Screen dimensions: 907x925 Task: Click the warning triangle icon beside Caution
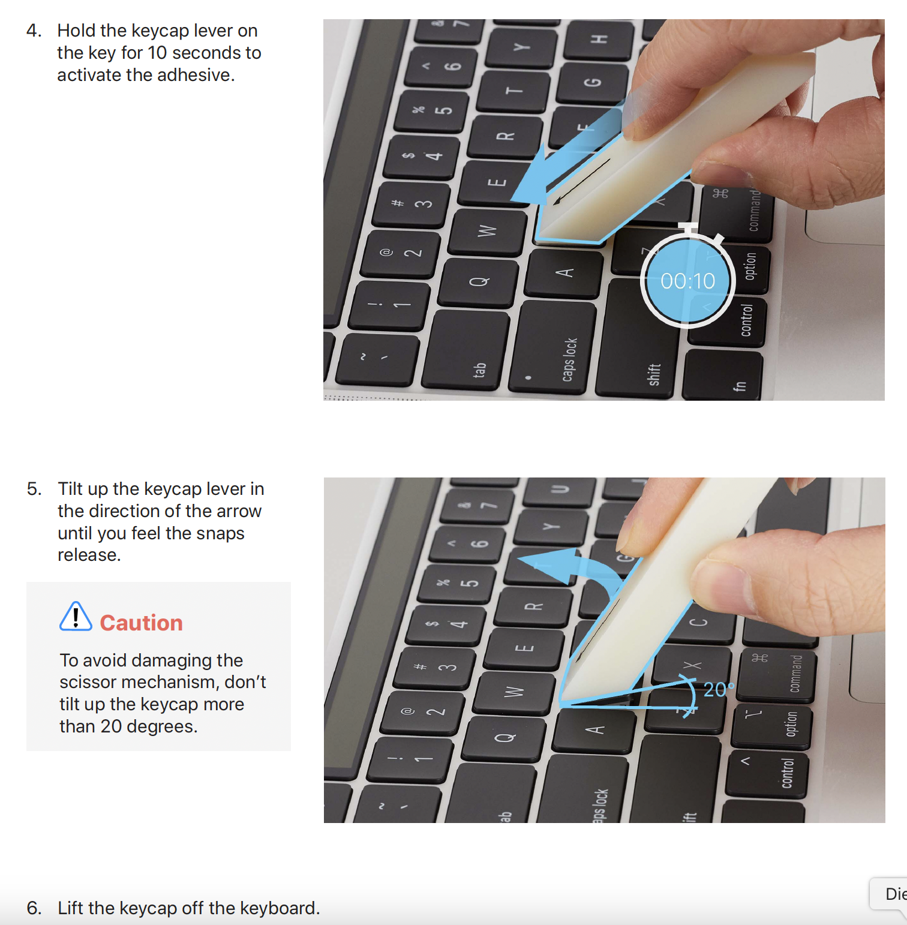pyautogui.click(x=76, y=616)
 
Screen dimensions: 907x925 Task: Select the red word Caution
pyautogui.click(x=141, y=623)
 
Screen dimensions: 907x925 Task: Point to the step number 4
pyautogui.click(x=34, y=31)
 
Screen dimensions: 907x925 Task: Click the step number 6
pyautogui.click(x=34, y=908)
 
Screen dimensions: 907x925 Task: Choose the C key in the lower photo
pyautogui.click(x=699, y=622)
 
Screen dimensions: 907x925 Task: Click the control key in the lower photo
pyautogui.click(x=767, y=773)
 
